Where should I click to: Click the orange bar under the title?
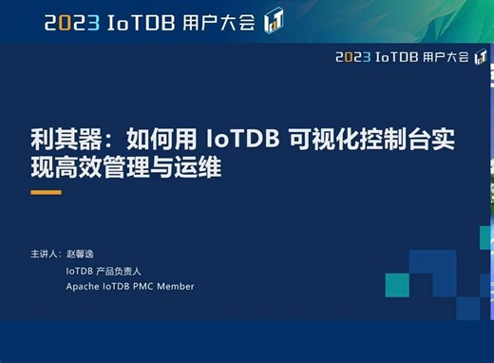point(46,192)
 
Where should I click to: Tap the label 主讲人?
point(44,255)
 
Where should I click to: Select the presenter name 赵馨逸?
point(81,255)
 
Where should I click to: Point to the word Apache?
point(82,286)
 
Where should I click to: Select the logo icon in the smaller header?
point(481,56)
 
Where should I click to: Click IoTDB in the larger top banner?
point(142,22)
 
